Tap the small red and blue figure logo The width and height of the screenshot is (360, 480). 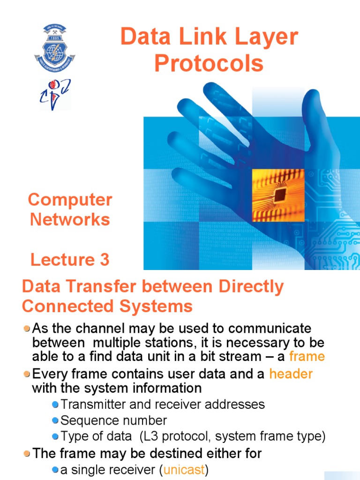click(x=55, y=94)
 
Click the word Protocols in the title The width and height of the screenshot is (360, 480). click(x=209, y=63)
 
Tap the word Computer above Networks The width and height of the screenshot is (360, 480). click(x=70, y=200)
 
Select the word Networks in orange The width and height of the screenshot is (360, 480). click(x=70, y=219)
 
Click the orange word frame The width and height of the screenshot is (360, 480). click(x=307, y=356)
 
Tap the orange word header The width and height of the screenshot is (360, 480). click(x=291, y=374)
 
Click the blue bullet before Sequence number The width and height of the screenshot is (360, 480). click(x=55, y=420)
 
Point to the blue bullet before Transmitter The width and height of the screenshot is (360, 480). click(x=55, y=405)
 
